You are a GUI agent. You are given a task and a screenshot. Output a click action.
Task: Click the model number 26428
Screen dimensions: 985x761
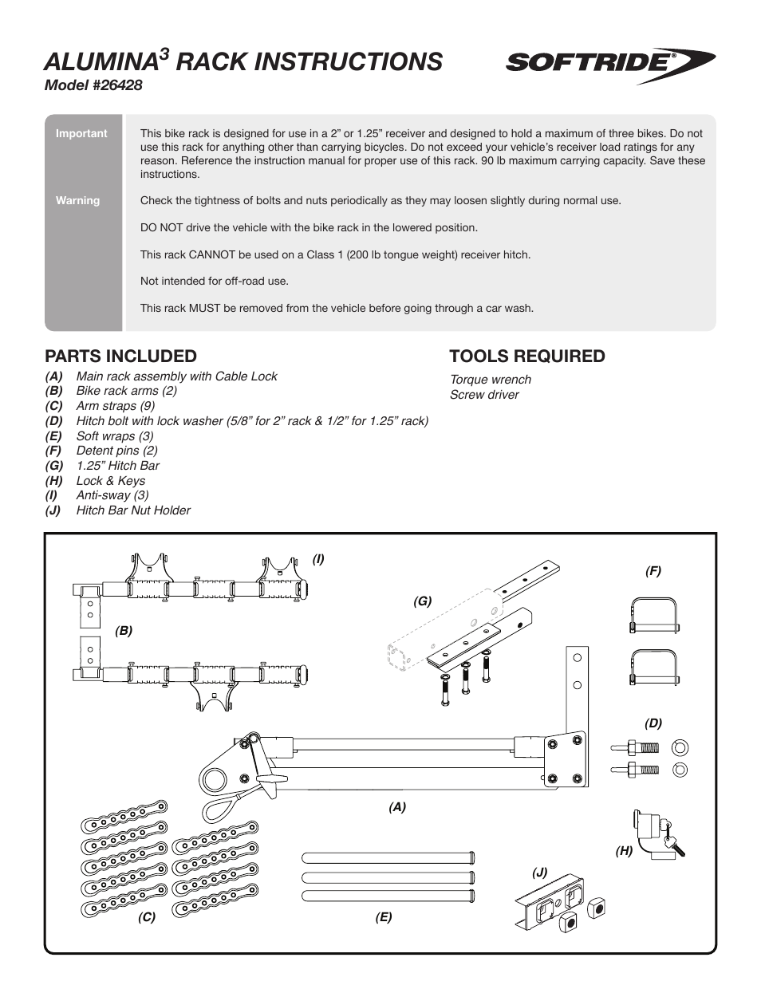93,85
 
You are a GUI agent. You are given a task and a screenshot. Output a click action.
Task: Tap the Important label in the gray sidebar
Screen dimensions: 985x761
81,133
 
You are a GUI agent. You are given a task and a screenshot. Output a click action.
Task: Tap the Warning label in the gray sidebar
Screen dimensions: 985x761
77,200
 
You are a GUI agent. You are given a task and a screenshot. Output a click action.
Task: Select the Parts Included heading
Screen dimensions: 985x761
120,356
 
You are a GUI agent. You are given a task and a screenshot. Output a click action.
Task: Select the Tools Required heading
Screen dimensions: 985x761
527,356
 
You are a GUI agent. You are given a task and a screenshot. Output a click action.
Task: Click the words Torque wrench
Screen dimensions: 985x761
490,380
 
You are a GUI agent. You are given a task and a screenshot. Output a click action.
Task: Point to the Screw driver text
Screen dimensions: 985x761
484,395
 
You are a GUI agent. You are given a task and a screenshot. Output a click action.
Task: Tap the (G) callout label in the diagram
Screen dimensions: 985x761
422,601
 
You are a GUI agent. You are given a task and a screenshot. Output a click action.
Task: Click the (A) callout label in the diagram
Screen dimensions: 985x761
397,807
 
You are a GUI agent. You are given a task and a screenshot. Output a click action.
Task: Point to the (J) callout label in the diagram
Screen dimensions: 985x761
540,872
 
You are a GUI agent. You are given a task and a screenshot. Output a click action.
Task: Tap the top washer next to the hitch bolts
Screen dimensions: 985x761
680,748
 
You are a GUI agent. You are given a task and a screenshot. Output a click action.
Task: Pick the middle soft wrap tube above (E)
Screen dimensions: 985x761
388,876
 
